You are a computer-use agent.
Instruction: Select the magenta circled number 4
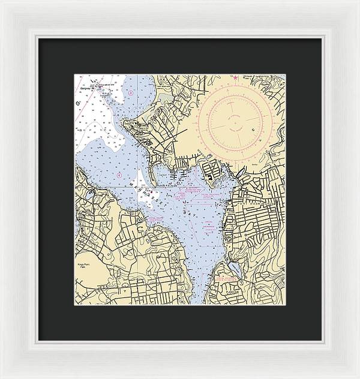click(119, 175)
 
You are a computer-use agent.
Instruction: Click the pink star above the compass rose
click(236, 77)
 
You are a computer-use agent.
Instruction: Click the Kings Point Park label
click(83, 266)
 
